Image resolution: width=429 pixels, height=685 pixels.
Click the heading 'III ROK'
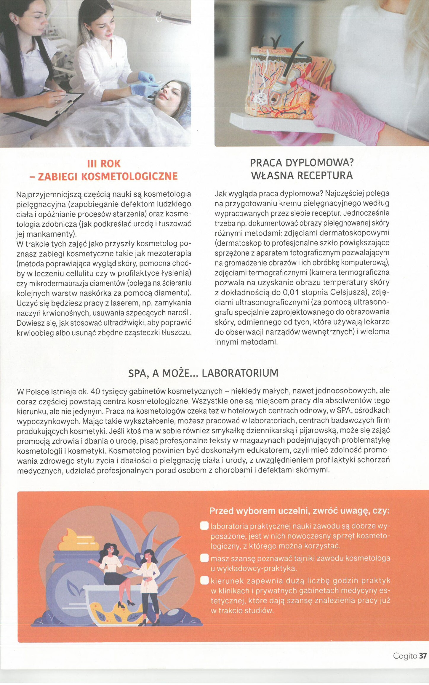[x=104, y=164]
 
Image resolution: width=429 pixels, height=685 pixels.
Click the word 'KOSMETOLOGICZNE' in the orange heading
[x=129, y=177]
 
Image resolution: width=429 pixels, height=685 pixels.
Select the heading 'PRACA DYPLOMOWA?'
[x=302, y=163]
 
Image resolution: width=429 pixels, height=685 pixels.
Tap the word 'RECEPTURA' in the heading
[x=325, y=176]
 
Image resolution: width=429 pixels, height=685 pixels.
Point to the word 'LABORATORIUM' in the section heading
[x=240, y=373]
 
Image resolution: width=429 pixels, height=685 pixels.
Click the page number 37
[x=423, y=656]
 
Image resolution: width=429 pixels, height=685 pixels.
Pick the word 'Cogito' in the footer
[x=405, y=656]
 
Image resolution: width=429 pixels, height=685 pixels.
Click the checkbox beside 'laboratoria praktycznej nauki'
[x=204, y=526]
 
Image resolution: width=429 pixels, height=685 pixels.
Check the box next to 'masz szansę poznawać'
[x=204, y=558]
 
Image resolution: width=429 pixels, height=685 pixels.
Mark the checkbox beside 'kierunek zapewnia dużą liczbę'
[x=204, y=580]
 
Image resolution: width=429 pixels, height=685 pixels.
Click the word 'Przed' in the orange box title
[x=222, y=511]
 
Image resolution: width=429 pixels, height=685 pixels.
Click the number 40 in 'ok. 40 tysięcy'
[x=95, y=392]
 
